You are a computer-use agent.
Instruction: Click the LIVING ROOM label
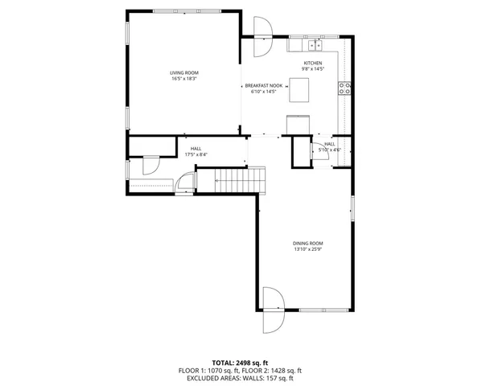pos(183,72)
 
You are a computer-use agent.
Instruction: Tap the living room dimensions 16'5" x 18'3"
pos(183,79)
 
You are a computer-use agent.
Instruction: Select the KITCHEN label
pos(313,63)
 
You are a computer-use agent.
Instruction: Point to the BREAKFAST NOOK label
pos(264,86)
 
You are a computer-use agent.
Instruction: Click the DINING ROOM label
pos(307,243)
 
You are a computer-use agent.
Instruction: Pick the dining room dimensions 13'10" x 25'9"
pos(307,249)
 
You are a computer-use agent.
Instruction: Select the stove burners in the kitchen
pos(344,88)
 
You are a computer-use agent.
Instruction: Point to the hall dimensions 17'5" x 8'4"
pos(196,154)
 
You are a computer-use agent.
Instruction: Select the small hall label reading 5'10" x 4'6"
pos(330,150)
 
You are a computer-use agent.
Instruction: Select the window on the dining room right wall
pos(352,206)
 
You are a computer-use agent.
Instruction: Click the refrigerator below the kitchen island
pos(298,122)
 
